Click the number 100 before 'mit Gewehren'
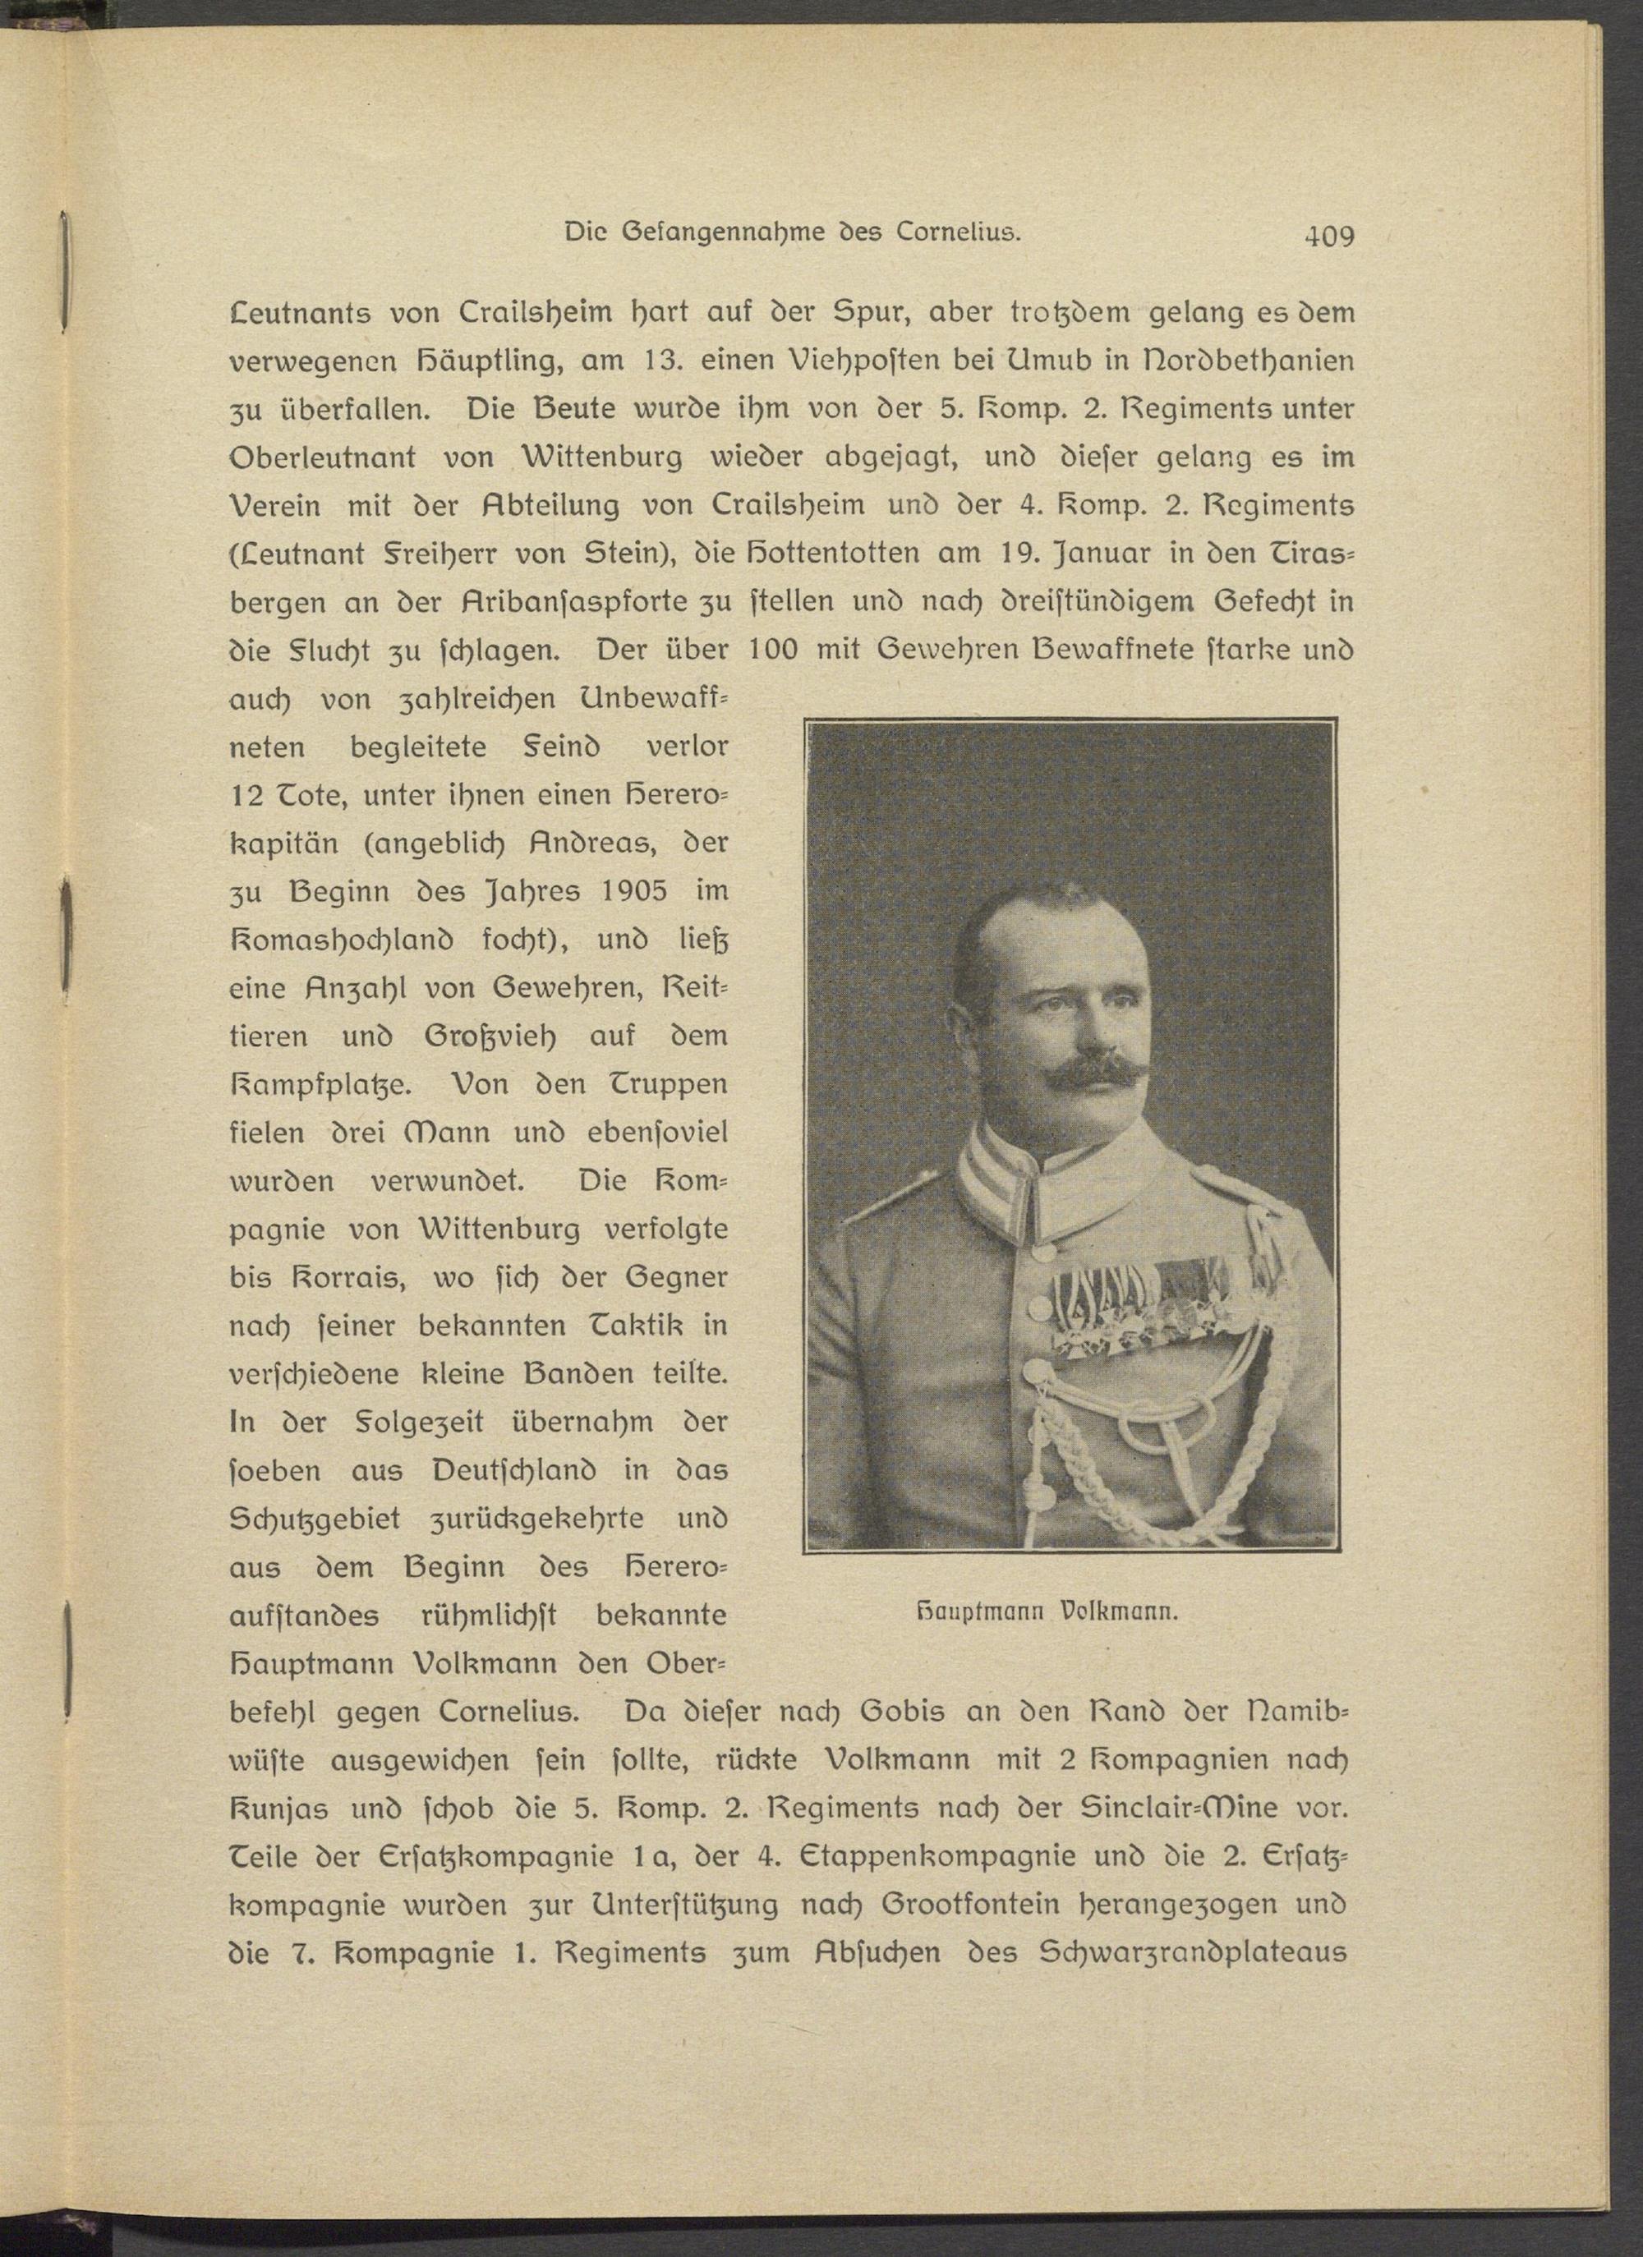(x=774, y=650)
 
